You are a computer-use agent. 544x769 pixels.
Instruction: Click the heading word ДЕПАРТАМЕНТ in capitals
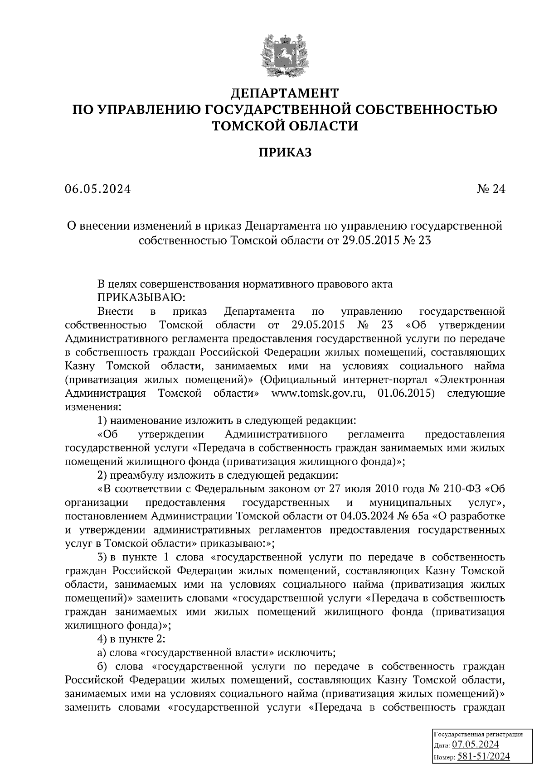click(285, 93)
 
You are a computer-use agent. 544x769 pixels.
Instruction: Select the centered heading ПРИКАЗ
click(285, 153)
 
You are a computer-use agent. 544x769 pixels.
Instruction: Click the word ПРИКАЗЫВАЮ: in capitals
click(141, 298)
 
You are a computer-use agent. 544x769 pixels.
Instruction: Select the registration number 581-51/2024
click(483, 756)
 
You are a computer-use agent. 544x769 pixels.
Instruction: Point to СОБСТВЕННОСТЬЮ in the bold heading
click(424, 110)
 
